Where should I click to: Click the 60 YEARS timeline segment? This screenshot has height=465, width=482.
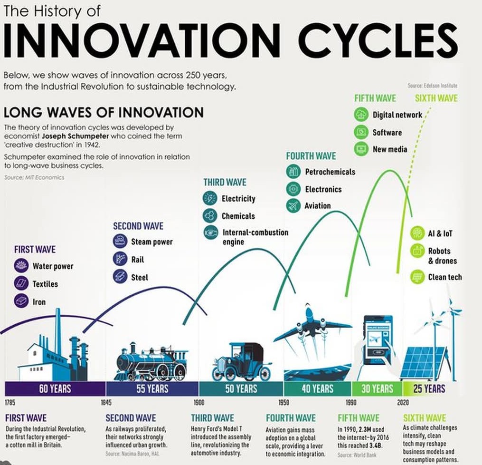56,388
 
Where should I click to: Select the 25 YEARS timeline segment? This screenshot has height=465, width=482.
429,388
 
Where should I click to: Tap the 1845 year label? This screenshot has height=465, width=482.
106,403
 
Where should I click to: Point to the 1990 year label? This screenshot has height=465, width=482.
351,403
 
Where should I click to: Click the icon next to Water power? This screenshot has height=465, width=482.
21,266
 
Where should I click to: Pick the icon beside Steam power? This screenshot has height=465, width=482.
120,241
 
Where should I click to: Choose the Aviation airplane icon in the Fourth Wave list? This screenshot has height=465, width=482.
293,205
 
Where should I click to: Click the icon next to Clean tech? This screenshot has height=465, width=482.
417,277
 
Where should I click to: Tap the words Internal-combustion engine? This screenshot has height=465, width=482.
255,237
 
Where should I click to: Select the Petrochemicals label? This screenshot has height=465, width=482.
330,172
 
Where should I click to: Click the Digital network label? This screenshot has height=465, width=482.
397,115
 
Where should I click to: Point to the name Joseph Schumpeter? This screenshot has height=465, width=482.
76,136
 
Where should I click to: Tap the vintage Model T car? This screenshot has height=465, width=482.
242,362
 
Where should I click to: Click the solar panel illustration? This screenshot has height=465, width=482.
423,363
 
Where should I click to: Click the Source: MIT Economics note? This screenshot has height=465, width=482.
34,177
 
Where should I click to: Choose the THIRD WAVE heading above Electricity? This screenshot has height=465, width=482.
225,182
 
